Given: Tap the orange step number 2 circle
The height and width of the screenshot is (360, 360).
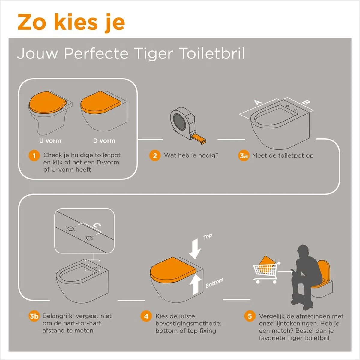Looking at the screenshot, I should point(155,156).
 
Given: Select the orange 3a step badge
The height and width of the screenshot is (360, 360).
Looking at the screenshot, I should point(244,156).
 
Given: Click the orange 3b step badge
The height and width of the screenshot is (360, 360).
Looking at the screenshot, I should point(34,316).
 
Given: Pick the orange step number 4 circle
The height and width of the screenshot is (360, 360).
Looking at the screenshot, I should point(146,316).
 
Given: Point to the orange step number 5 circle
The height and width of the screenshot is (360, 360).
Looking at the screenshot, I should point(250,316).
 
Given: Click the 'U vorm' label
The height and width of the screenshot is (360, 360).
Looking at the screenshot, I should point(50,140).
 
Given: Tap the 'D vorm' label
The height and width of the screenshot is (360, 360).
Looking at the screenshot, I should point(104,140).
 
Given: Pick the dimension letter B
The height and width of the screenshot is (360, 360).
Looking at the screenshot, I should point(305,102).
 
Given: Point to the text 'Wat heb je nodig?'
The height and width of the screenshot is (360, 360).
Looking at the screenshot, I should point(191,155).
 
